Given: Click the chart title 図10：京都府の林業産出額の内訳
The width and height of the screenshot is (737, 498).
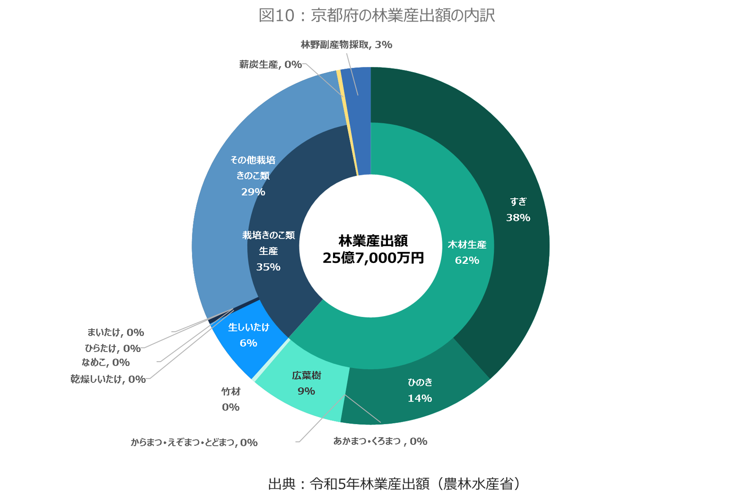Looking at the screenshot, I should tap(376, 15).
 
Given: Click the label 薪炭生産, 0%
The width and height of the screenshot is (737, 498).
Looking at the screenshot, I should tap(270, 65).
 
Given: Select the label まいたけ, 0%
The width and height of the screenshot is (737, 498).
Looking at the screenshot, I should tap(115, 332).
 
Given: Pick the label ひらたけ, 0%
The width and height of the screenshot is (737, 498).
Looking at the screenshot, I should tap(112, 348).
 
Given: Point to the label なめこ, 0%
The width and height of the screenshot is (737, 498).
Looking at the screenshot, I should tap(105, 363).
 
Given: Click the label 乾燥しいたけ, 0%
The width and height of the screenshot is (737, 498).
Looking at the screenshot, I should tap(108, 379).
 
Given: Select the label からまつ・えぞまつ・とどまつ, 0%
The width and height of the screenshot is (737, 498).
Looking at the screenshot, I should tap(194, 443).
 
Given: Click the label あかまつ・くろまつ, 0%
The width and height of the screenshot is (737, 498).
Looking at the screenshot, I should tap(380, 441).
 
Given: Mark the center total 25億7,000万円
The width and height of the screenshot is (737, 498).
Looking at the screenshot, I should tap(373, 258).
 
